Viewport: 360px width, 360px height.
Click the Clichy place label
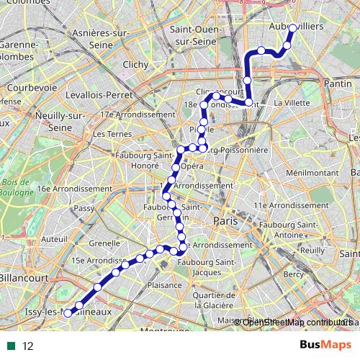click(135, 65)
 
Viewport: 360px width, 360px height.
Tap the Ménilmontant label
click(312, 174)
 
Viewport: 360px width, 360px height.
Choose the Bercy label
click(294, 274)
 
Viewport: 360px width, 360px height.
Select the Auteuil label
click(54, 238)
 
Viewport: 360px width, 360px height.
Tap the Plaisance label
click(165, 285)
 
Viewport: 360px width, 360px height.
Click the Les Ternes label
click(109, 134)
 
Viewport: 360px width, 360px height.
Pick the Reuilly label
click(312, 250)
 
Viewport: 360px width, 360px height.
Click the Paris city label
click(225, 221)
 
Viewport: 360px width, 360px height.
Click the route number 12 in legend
click(28, 346)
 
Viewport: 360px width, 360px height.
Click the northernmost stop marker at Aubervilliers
click(293, 28)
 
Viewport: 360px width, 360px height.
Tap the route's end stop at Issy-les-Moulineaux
click(68, 313)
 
